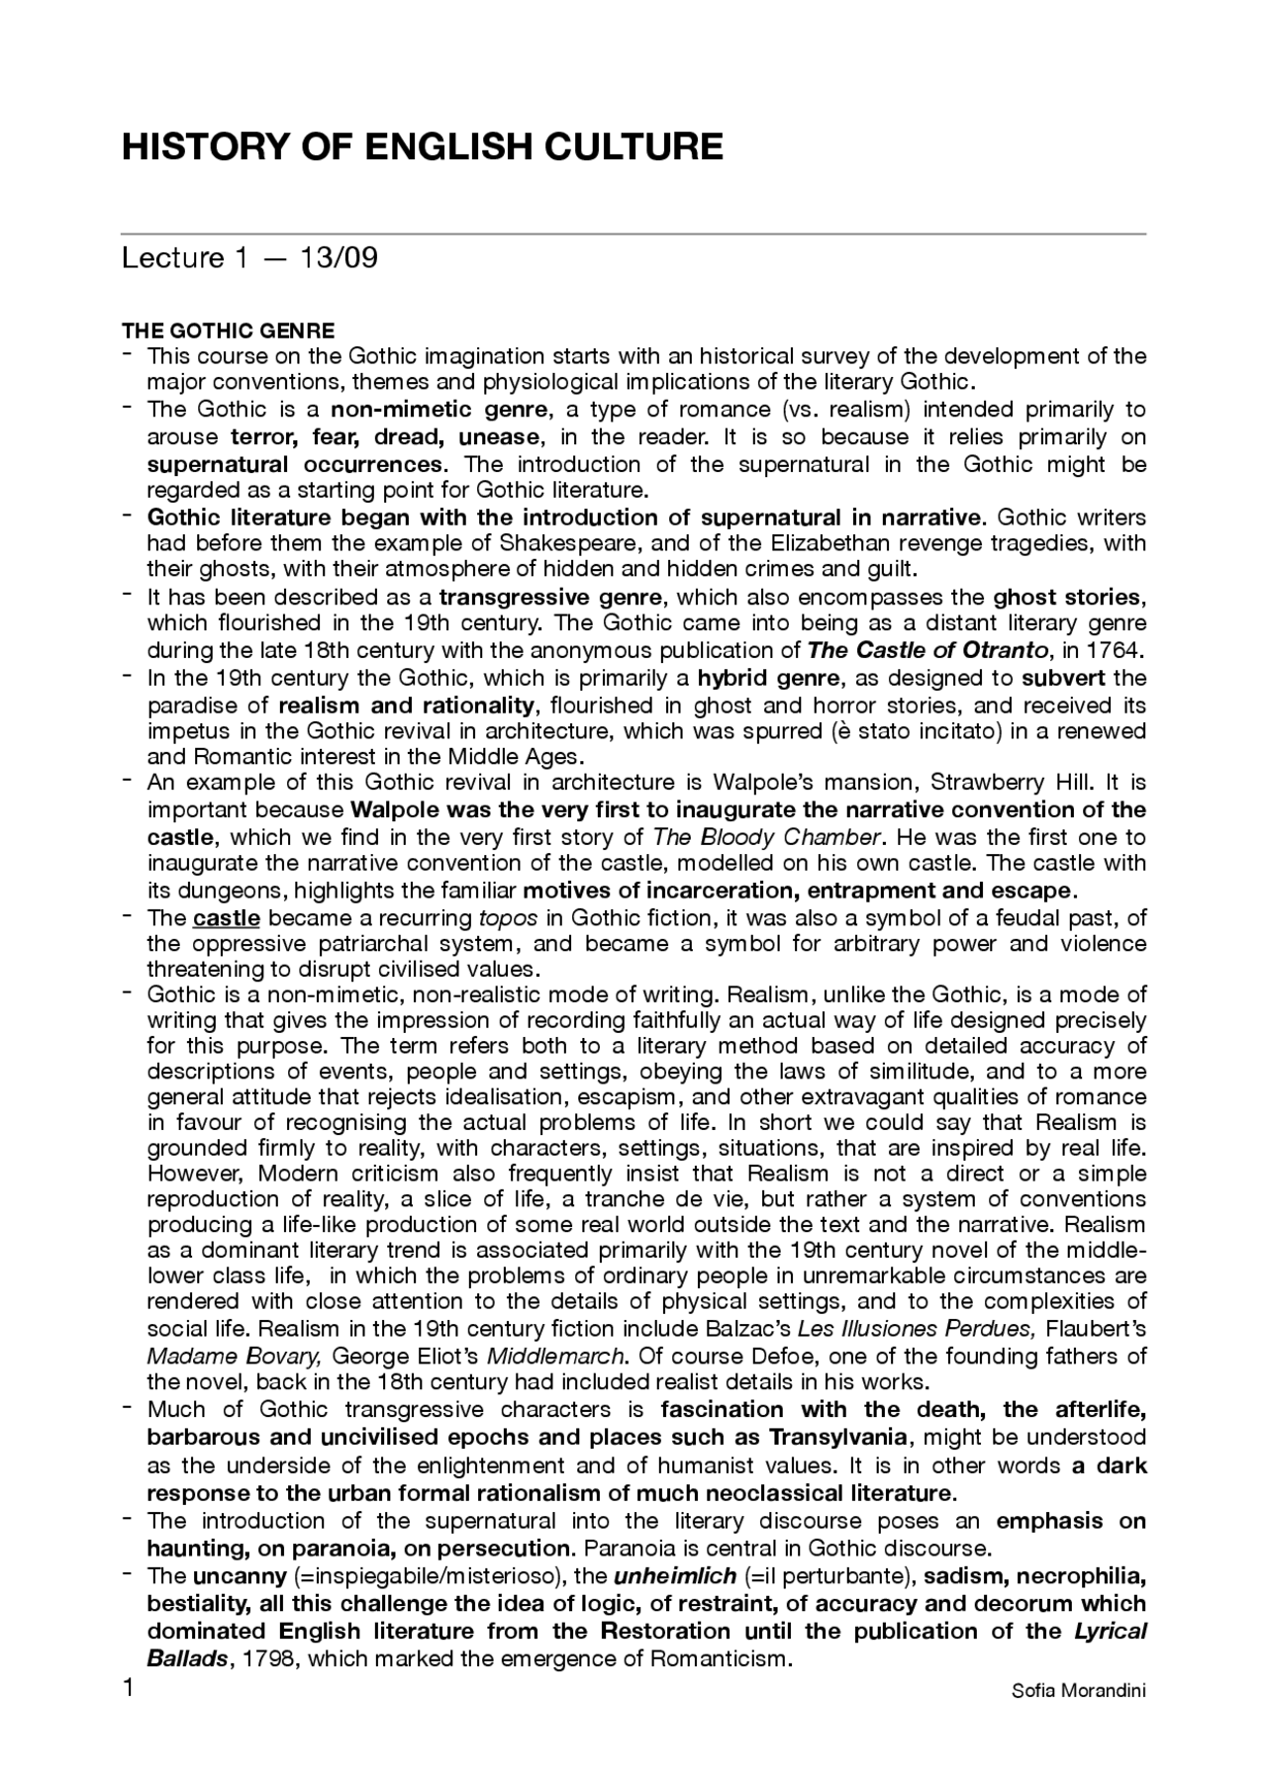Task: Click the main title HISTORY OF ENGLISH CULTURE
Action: [x=423, y=146]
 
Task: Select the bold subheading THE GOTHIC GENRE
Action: [x=228, y=330]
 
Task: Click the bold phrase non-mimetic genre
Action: [x=438, y=410]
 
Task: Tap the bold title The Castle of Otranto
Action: [x=927, y=650]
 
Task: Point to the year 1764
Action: [x=1117, y=650]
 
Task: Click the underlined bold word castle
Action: [x=227, y=918]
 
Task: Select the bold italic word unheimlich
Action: [x=675, y=1575]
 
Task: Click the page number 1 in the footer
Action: [x=128, y=1688]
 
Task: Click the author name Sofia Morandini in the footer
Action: [x=1078, y=1690]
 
